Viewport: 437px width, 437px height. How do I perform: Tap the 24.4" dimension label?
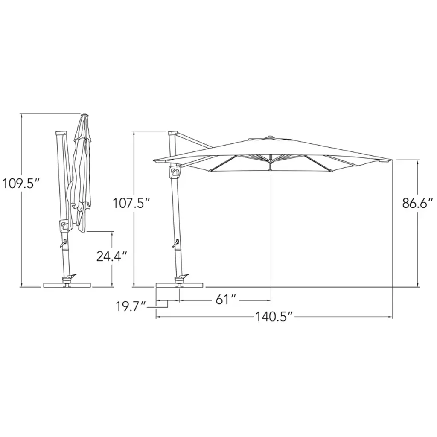click(x=112, y=256)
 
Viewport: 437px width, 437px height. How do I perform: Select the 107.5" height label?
click(x=131, y=203)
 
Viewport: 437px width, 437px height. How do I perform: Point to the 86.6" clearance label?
click(x=417, y=203)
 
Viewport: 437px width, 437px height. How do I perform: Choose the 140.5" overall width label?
click(x=274, y=317)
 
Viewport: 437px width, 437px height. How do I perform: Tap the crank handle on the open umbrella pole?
click(x=175, y=243)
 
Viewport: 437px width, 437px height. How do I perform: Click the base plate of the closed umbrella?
click(x=67, y=285)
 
